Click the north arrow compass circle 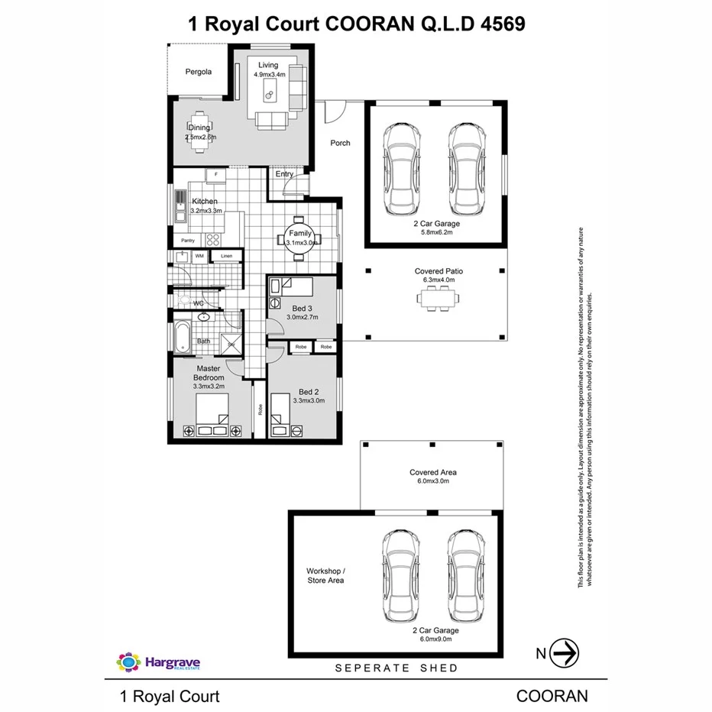[x=566, y=653]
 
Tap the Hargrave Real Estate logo [x=158, y=662]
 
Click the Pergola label [x=198, y=72]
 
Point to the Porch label [x=340, y=143]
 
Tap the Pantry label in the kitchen [x=188, y=241]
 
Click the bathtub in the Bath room [x=181, y=338]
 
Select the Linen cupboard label [x=226, y=256]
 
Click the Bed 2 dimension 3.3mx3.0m [x=309, y=400]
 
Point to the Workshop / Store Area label [x=325, y=575]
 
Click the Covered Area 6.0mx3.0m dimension [x=433, y=482]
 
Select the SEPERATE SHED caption [x=397, y=668]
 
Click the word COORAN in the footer [x=552, y=696]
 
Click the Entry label [x=284, y=174]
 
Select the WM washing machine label [x=199, y=256]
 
